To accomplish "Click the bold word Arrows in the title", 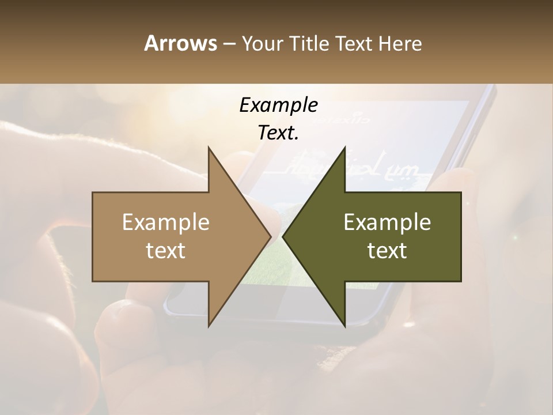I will point(180,43).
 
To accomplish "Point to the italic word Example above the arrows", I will point(278,105).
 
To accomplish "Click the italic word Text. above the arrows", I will point(278,133).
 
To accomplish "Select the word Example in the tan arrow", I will point(166,222).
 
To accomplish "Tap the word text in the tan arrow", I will point(166,250).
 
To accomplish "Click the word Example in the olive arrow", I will point(387,222).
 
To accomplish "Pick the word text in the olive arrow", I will point(387,250).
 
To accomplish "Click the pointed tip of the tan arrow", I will point(271,236).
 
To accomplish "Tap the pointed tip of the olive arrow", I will point(283,236).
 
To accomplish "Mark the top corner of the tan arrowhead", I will point(209,148).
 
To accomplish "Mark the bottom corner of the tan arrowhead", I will point(209,326).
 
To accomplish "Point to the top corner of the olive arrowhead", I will point(344,148).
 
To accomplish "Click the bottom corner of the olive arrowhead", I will point(344,326).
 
